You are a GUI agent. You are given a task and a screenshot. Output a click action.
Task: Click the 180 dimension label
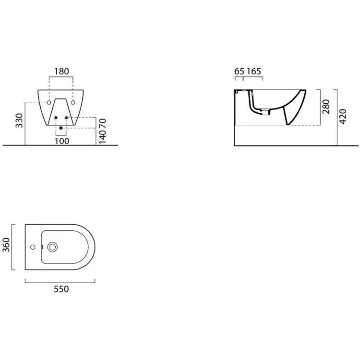(x=61, y=72)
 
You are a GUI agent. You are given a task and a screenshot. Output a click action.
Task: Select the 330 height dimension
(x=19, y=120)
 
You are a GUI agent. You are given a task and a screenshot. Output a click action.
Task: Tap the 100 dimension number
(x=62, y=141)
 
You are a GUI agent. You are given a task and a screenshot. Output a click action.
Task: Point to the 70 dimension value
(x=103, y=123)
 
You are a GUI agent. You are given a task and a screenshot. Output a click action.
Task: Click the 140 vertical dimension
(x=103, y=137)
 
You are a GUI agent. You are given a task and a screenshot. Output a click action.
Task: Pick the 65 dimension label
(x=239, y=72)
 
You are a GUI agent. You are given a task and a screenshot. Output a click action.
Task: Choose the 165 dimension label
(x=254, y=72)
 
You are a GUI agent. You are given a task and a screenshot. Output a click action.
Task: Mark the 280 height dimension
(x=326, y=107)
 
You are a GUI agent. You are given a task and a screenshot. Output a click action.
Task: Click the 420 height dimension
(x=343, y=117)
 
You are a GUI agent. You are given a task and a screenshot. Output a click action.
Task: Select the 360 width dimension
(x=6, y=245)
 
